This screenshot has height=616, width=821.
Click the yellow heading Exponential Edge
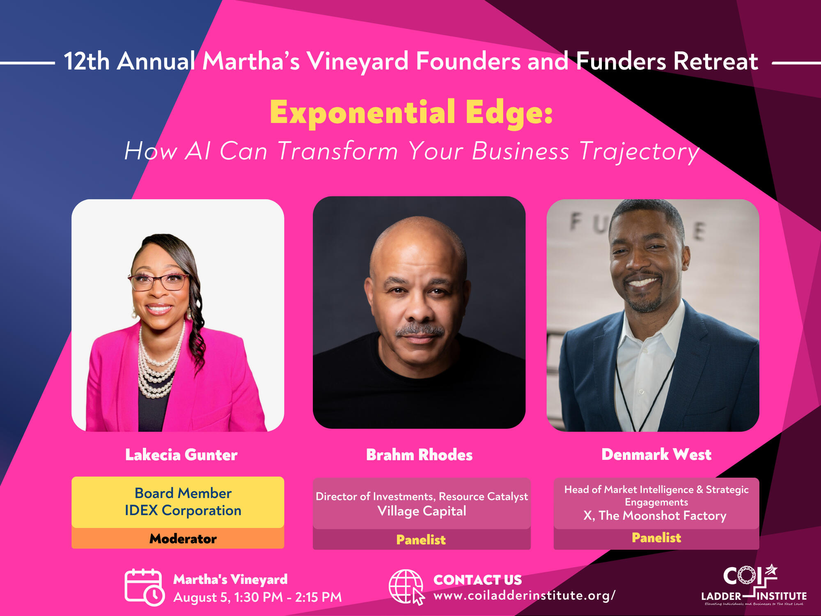pyautogui.click(x=411, y=113)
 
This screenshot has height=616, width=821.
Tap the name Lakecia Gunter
pyautogui.click(x=181, y=455)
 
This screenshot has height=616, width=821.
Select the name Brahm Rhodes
pyautogui.click(x=419, y=455)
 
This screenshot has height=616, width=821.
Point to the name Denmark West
pyautogui.click(x=656, y=454)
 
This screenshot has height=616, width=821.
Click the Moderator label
pyautogui.click(x=183, y=538)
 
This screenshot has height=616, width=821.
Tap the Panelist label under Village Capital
pyautogui.click(x=421, y=539)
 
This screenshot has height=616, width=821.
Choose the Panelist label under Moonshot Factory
pyautogui.click(x=656, y=538)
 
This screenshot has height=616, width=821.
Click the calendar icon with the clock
pyautogui.click(x=144, y=587)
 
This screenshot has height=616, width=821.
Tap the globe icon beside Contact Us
pyautogui.click(x=406, y=587)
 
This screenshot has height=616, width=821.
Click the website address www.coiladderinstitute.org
pyautogui.click(x=524, y=595)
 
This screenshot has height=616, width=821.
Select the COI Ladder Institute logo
pyautogui.click(x=754, y=585)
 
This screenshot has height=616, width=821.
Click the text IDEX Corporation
pyautogui.click(x=183, y=510)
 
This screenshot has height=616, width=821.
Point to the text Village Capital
pyautogui.click(x=422, y=511)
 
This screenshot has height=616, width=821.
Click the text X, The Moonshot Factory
pyautogui.click(x=655, y=515)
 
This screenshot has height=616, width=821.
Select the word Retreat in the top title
pyautogui.click(x=716, y=62)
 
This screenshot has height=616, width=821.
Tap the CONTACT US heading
pyautogui.click(x=477, y=580)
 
